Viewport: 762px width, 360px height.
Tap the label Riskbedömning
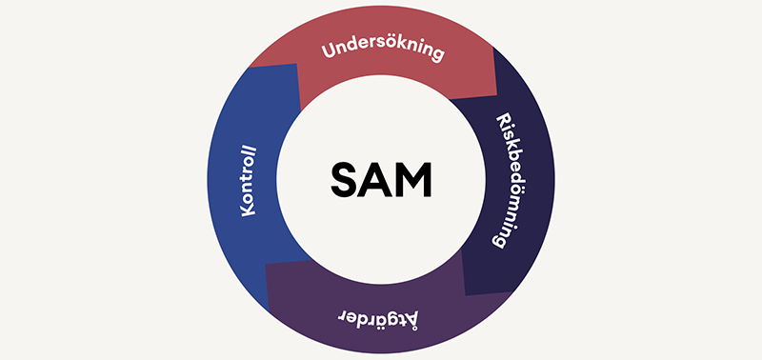click(x=508, y=180)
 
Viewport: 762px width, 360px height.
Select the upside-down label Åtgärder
click(x=381, y=313)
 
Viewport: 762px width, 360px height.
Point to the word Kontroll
click(x=251, y=180)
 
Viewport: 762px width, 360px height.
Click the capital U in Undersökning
click(x=328, y=53)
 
